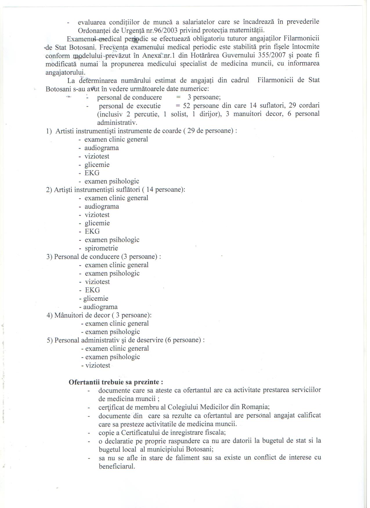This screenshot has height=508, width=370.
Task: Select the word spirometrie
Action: tap(101, 248)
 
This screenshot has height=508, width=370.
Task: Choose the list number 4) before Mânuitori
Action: tap(49, 315)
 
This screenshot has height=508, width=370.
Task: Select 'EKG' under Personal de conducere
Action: tap(92, 290)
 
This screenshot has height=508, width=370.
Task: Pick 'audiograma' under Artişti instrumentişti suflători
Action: tap(102, 207)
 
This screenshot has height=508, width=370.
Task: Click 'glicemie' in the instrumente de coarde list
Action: tap(97, 165)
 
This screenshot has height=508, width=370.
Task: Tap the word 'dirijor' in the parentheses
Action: tap(209, 114)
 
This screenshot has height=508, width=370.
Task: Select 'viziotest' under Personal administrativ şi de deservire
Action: tap(98, 365)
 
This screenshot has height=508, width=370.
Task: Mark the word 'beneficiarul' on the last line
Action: tap(117, 467)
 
